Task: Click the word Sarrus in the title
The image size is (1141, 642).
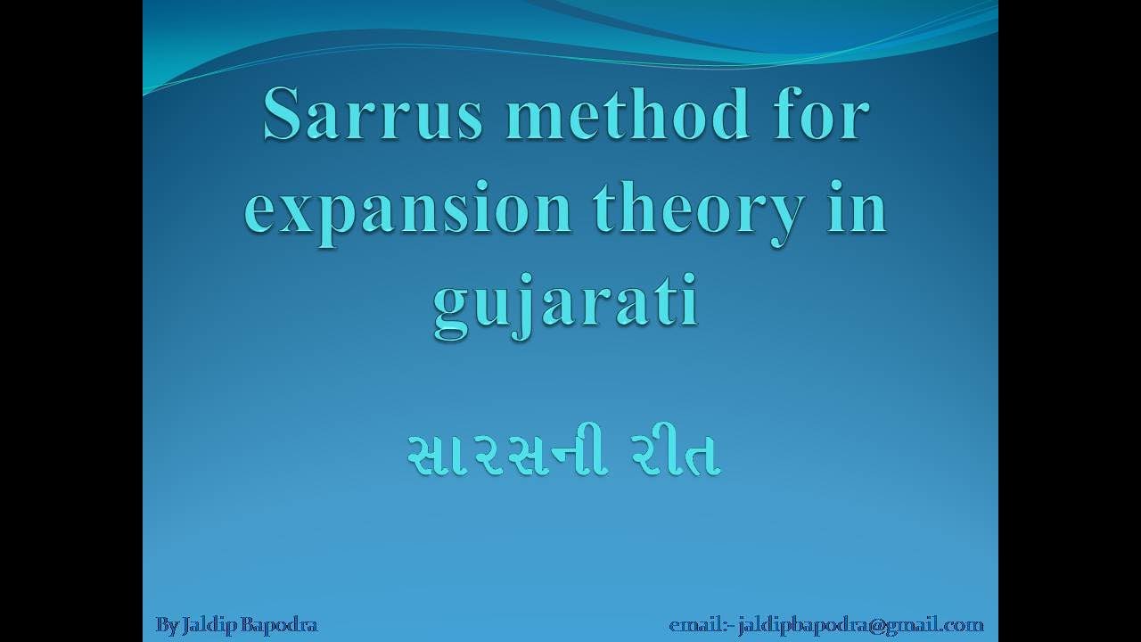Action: coord(373,117)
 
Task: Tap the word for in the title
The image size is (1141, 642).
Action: coord(821,117)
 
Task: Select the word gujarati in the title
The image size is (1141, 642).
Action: coord(565,306)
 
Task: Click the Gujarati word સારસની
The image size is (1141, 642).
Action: coord(509,457)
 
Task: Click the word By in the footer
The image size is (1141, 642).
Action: coord(168,625)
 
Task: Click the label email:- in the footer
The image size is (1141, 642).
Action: coord(701,625)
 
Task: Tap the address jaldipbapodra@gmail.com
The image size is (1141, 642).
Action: coord(861,625)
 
